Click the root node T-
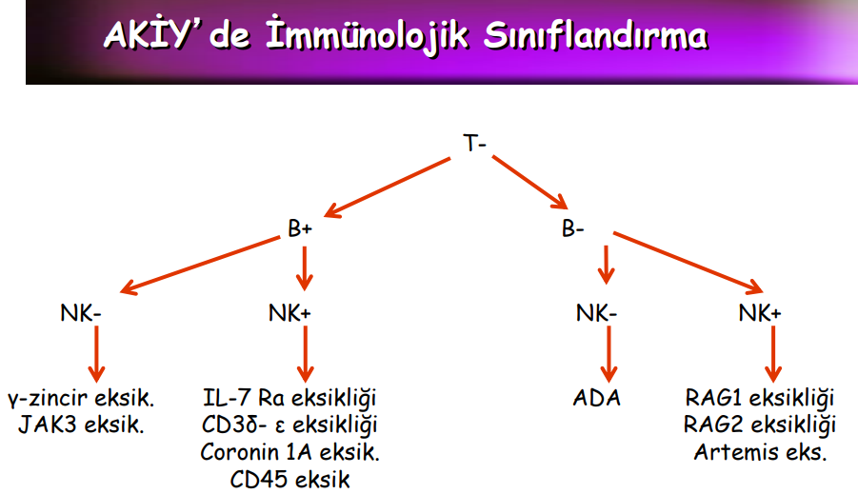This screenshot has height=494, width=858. pos(474,144)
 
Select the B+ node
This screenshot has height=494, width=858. pos(300,228)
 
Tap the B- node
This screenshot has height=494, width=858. pos(572,228)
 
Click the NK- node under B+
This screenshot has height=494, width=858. pos(80,313)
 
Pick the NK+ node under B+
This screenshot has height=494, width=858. pos(289,313)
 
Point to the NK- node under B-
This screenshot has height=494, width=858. pos(596,313)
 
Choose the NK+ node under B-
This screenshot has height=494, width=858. pos(760,313)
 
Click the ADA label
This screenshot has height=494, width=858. pos(596,398)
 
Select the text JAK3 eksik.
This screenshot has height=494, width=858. pos(81,425)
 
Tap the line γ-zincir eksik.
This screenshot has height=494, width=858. pos(81,398)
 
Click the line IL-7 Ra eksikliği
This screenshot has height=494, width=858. pos(289,398)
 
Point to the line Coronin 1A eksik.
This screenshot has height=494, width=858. pos(290,452)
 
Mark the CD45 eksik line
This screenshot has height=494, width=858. pos(290,480)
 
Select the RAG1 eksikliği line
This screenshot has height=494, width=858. pos(760,398)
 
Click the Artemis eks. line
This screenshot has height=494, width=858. pos(760,452)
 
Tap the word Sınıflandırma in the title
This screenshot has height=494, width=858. pos(595,37)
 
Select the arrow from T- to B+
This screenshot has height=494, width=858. pos(388,188)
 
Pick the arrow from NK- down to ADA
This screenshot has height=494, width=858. pos(609,354)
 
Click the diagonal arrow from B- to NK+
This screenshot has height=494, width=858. pos(688,263)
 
